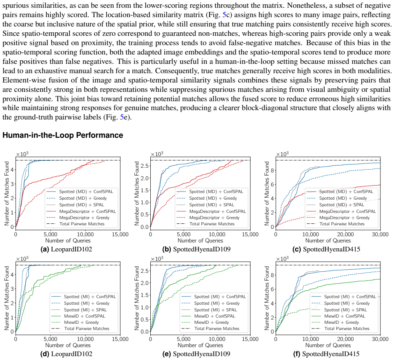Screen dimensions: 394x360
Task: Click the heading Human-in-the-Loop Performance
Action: pyautogui.click(x=63, y=135)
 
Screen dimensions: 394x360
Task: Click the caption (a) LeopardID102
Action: pyautogui.click(x=66, y=249)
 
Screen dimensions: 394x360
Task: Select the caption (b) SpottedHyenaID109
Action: pyautogui.click(x=196, y=249)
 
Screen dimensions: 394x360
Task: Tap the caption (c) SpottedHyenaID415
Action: pyautogui.click(x=326, y=249)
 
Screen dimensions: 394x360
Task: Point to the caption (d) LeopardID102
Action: pyautogui.click(x=66, y=354)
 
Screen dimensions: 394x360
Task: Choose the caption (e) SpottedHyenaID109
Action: pyautogui.click(x=196, y=354)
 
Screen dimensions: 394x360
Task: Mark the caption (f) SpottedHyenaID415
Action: pyautogui.click(x=326, y=354)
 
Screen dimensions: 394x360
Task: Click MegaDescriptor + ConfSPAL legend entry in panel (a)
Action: pyautogui.click(x=81, y=211)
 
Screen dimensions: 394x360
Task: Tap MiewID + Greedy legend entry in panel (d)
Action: pyautogui.click(x=75, y=322)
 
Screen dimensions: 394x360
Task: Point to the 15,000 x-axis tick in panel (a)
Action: pyautogui.click(x=120, y=234)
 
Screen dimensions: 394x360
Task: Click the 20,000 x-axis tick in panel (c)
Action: pyautogui.click(x=345, y=234)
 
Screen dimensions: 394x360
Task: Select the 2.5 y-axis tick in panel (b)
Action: pyautogui.click(x=144, y=166)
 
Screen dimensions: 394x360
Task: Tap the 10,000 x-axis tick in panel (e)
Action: pyautogui.click(x=217, y=339)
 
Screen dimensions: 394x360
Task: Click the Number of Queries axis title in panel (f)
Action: pyautogui.click(x=328, y=345)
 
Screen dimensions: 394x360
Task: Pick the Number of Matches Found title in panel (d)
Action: pyautogui.click(x=7, y=298)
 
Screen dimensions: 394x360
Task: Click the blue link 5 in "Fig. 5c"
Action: pyautogui.click(x=224, y=15)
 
